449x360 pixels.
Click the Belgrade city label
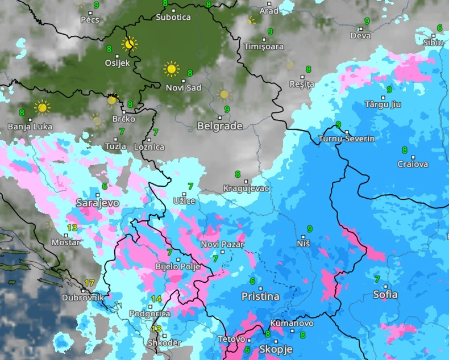click(219, 126)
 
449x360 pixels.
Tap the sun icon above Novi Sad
click(171, 69)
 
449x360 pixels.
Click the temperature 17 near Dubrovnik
click(89, 283)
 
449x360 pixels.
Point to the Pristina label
click(260, 296)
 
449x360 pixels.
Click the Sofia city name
click(385, 295)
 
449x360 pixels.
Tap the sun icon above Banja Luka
click(41, 107)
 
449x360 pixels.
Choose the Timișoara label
click(264, 47)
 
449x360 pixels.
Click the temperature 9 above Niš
click(309, 229)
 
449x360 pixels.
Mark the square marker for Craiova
click(413, 157)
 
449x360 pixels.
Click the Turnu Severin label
click(347, 139)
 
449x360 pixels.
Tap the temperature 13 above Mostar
click(72, 228)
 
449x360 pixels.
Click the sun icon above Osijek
click(130, 43)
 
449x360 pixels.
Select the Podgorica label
click(149, 313)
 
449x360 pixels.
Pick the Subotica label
click(173, 17)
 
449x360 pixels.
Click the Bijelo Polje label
click(178, 266)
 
